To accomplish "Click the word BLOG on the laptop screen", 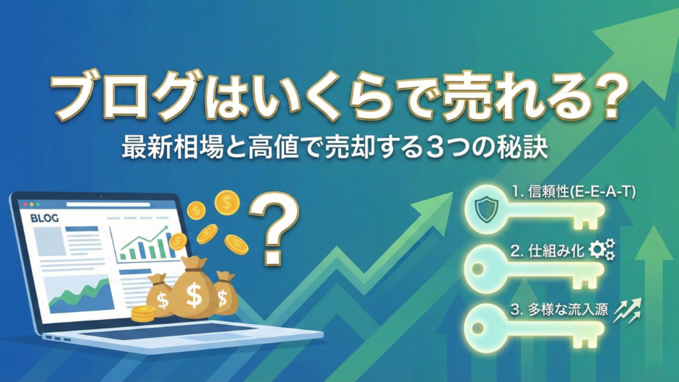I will tap(43, 217).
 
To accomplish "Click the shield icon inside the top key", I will tap(485, 210).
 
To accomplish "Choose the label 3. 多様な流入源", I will tap(559, 311).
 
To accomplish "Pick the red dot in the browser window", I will tap(20, 199).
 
